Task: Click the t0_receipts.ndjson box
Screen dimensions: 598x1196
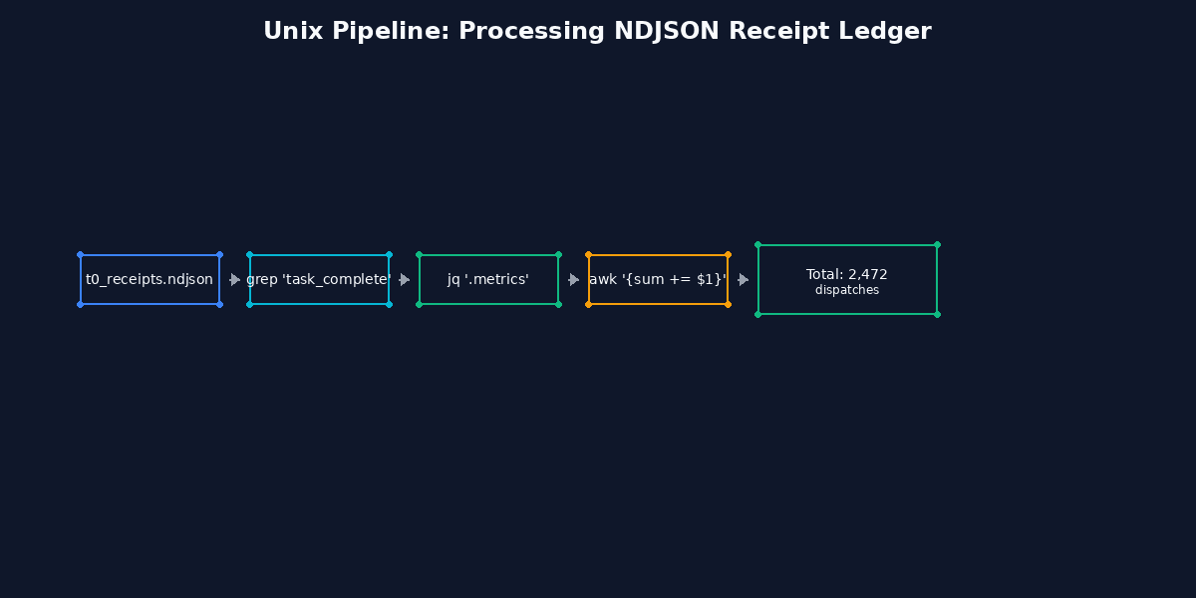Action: click(149, 279)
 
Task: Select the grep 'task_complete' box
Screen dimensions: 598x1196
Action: click(319, 279)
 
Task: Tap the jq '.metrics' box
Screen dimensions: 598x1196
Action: click(488, 279)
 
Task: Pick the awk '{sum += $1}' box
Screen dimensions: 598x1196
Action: click(658, 279)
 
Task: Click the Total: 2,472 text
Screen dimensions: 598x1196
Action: click(846, 274)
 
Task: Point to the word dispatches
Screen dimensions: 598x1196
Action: click(846, 290)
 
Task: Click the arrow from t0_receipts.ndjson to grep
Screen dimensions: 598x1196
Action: click(234, 279)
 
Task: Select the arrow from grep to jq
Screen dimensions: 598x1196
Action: click(404, 279)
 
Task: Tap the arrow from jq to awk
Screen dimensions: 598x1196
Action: click(573, 279)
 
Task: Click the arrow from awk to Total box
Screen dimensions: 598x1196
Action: click(743, 279)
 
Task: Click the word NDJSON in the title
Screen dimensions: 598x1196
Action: click(668, 31)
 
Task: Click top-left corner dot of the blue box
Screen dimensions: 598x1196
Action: click(80, 254)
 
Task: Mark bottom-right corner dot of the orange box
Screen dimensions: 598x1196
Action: click(728, 304)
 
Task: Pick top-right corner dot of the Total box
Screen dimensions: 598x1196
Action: click(937, 244)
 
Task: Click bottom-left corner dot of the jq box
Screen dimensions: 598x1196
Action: click(419, 304)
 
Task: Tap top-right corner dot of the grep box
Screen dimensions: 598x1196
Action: click(389, 254)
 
